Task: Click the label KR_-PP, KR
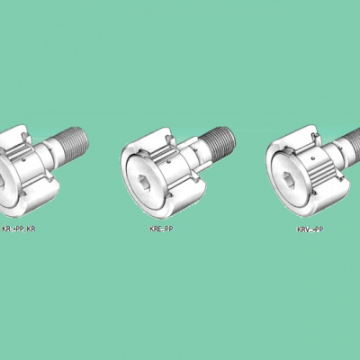[19, 229]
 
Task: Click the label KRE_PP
[161, 229]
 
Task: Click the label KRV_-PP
[310, 229]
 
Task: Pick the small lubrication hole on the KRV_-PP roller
[313, 157]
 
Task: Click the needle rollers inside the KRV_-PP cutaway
[321, 174]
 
